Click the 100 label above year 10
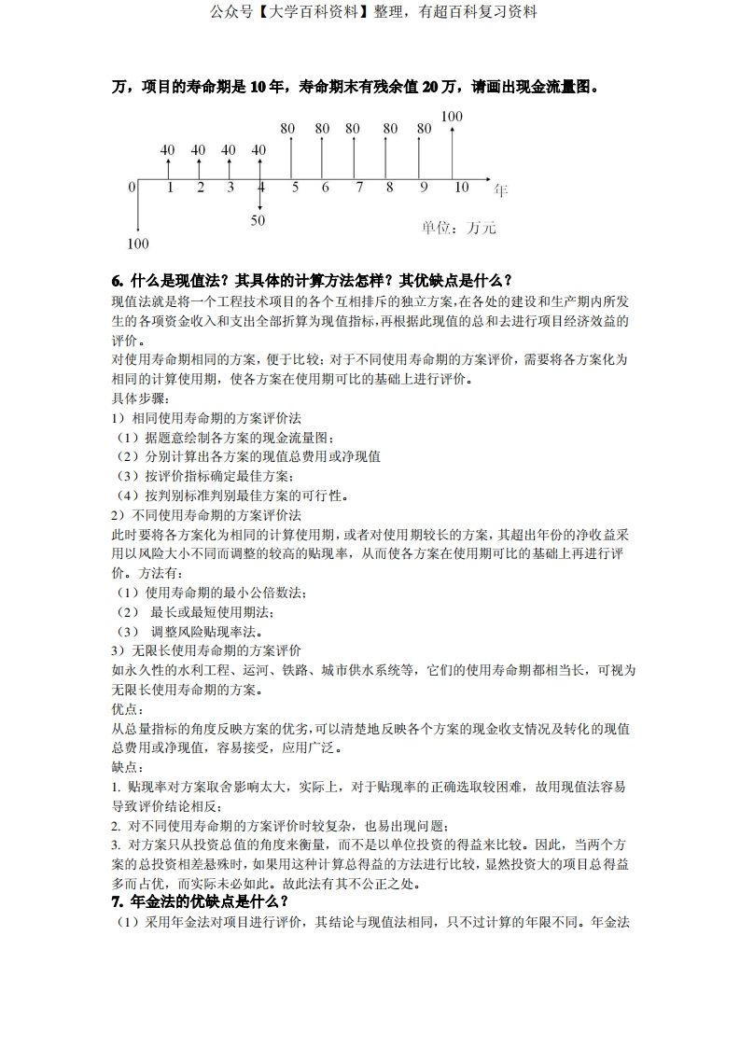[452, 117]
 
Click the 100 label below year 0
[137, 244]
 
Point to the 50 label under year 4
[258, 220]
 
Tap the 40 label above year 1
[168, 149]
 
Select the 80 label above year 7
[353, 129]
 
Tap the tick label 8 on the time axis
[389, 188]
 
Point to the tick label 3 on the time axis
[230, 188]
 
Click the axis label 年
[500, 190]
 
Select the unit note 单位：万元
[458, 228]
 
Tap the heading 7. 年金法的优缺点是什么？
[200, 901]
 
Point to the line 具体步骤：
[140, 398]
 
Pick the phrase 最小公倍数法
[262, 593]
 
